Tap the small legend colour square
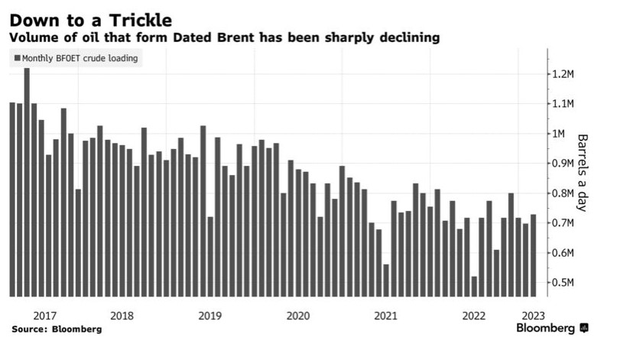click(17, 58)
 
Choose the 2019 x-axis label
click(209, 315)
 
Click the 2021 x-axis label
click(385, 315)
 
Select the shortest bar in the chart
click(474, 287)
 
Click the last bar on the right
click(533, 256)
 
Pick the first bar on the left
click(12, 199)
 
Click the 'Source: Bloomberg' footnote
click(56, 329)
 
